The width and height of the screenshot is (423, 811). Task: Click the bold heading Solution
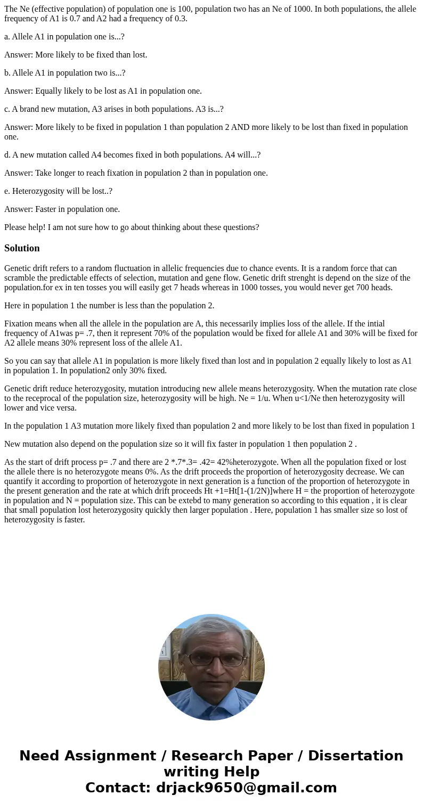pos(22,248)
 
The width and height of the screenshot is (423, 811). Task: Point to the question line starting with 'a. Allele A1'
pos(64,37)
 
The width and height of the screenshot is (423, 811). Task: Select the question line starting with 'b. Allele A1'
pos(64,73)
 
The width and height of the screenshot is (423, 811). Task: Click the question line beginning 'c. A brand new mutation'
pos(113,109)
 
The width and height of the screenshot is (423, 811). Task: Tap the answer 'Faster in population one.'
pos(62,209)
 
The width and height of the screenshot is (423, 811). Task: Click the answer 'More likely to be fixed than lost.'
pos(76,55)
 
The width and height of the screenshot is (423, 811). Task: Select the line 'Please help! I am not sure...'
pos(132,227)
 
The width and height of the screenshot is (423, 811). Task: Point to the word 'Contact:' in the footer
pos(118,788)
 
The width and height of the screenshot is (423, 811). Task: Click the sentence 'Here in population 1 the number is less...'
pos(109,306)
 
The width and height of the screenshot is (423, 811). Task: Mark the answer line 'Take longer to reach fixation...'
pos(136,173)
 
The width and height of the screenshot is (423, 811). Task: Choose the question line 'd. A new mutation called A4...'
pos(132,155)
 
